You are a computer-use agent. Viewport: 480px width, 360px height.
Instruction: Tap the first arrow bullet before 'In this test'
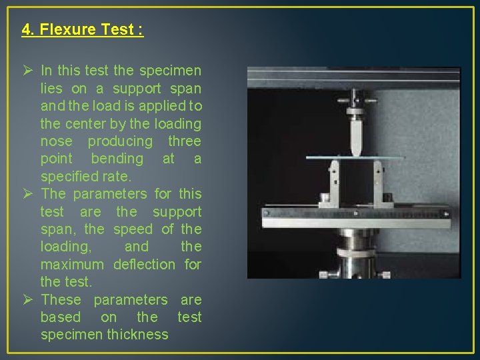coord(28,71)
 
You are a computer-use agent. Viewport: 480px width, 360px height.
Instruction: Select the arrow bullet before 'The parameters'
coord(28,194)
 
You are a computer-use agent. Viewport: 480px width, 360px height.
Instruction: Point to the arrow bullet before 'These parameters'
coord(28,300)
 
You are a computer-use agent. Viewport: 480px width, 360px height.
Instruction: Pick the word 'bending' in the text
coord(117,159)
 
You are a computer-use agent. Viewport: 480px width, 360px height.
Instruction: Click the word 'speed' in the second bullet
coord(133,229)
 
